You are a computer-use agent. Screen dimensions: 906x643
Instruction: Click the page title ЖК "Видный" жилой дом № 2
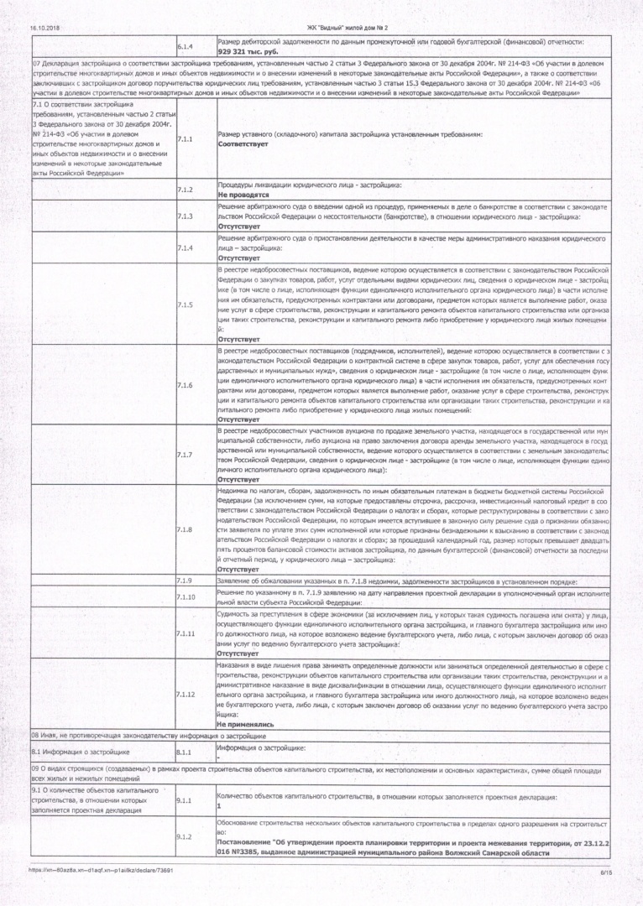pos(321,28)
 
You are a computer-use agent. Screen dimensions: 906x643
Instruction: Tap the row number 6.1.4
pos(186,46)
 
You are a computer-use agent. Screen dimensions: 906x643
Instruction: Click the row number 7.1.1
pos(186,139)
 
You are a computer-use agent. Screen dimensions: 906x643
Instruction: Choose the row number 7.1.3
pos(186,216)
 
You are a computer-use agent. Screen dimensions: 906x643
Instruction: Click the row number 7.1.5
pos(186,304)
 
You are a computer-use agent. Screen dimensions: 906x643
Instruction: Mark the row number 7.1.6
pos(186,385)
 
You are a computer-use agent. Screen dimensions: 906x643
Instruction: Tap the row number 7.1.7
pos(186,455)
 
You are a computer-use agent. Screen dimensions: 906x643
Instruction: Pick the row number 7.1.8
pos(186,529)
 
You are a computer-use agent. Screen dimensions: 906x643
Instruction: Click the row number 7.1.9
pos(186,581)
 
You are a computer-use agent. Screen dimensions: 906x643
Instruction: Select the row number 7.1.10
pos(186,596)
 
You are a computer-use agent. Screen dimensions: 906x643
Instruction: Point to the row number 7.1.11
pos(186,633)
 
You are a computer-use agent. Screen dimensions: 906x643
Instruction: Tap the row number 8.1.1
pos(186,752)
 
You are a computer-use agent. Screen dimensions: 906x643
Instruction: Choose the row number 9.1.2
pos(186,836)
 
